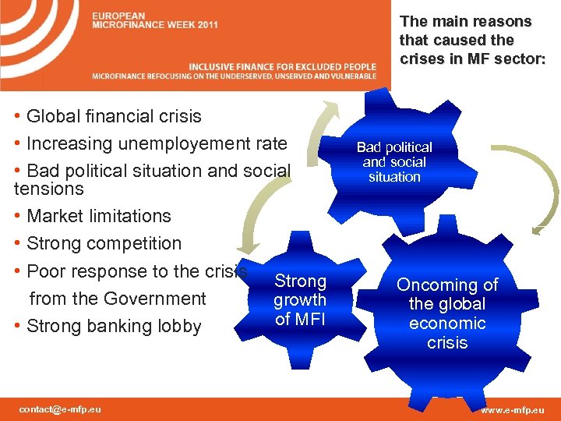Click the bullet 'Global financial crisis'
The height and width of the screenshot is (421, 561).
[x=113, y=117]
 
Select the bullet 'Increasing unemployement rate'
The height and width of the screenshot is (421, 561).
[x=156, y=144]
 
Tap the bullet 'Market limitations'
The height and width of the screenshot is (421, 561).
[x=98, y=216]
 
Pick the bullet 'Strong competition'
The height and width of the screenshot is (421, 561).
[x=103, y=244]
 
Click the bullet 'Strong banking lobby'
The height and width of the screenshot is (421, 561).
[x=113, y=327]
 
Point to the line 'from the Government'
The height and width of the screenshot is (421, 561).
[x=117, y=299]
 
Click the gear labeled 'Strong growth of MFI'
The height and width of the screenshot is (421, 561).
[x=300, y=299]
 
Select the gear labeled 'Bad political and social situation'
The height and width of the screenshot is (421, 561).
[x=394, y=162]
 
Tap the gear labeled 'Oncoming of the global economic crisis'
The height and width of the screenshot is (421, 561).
[x=447, y=313]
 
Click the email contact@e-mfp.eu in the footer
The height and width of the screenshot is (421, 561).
[x=60, y=409]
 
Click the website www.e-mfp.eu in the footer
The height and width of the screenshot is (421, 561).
[x=512, y=409]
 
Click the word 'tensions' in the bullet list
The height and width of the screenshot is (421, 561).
[x=48, y=189]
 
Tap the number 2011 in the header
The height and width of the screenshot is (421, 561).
[x=207, y=25]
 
